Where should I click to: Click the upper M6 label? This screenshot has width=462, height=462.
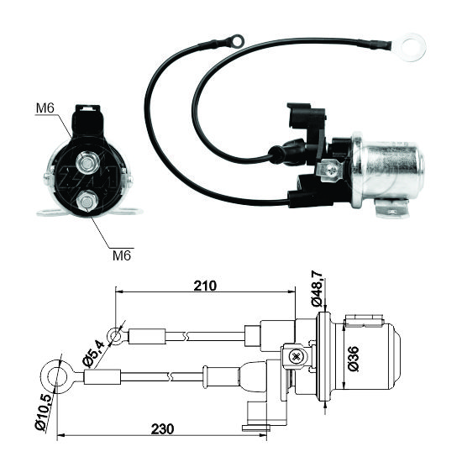[x=45, y=108]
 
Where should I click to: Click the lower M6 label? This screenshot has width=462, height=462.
[x=122, y=255]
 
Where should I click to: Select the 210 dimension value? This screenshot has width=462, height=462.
[x=205, y=286]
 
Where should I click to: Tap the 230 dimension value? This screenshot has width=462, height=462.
[x=162, y=429]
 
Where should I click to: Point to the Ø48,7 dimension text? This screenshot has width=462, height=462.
[x=318, y=289]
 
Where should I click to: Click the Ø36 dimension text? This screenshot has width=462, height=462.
[x=354, y=359]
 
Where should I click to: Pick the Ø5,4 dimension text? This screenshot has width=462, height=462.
[x=94, y=354]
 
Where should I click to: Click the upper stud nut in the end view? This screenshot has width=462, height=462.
[x=87, y=163]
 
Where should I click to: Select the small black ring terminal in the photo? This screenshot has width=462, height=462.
[x=237, y=41]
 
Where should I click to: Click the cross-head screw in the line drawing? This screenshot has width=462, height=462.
[x=295, y=357]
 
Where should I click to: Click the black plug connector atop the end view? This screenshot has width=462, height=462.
[x=87, y=120]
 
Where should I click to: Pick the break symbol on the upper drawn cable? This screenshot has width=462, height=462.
[x=185, y=336]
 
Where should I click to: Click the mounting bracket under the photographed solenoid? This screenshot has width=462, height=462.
[x=391, y=208]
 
